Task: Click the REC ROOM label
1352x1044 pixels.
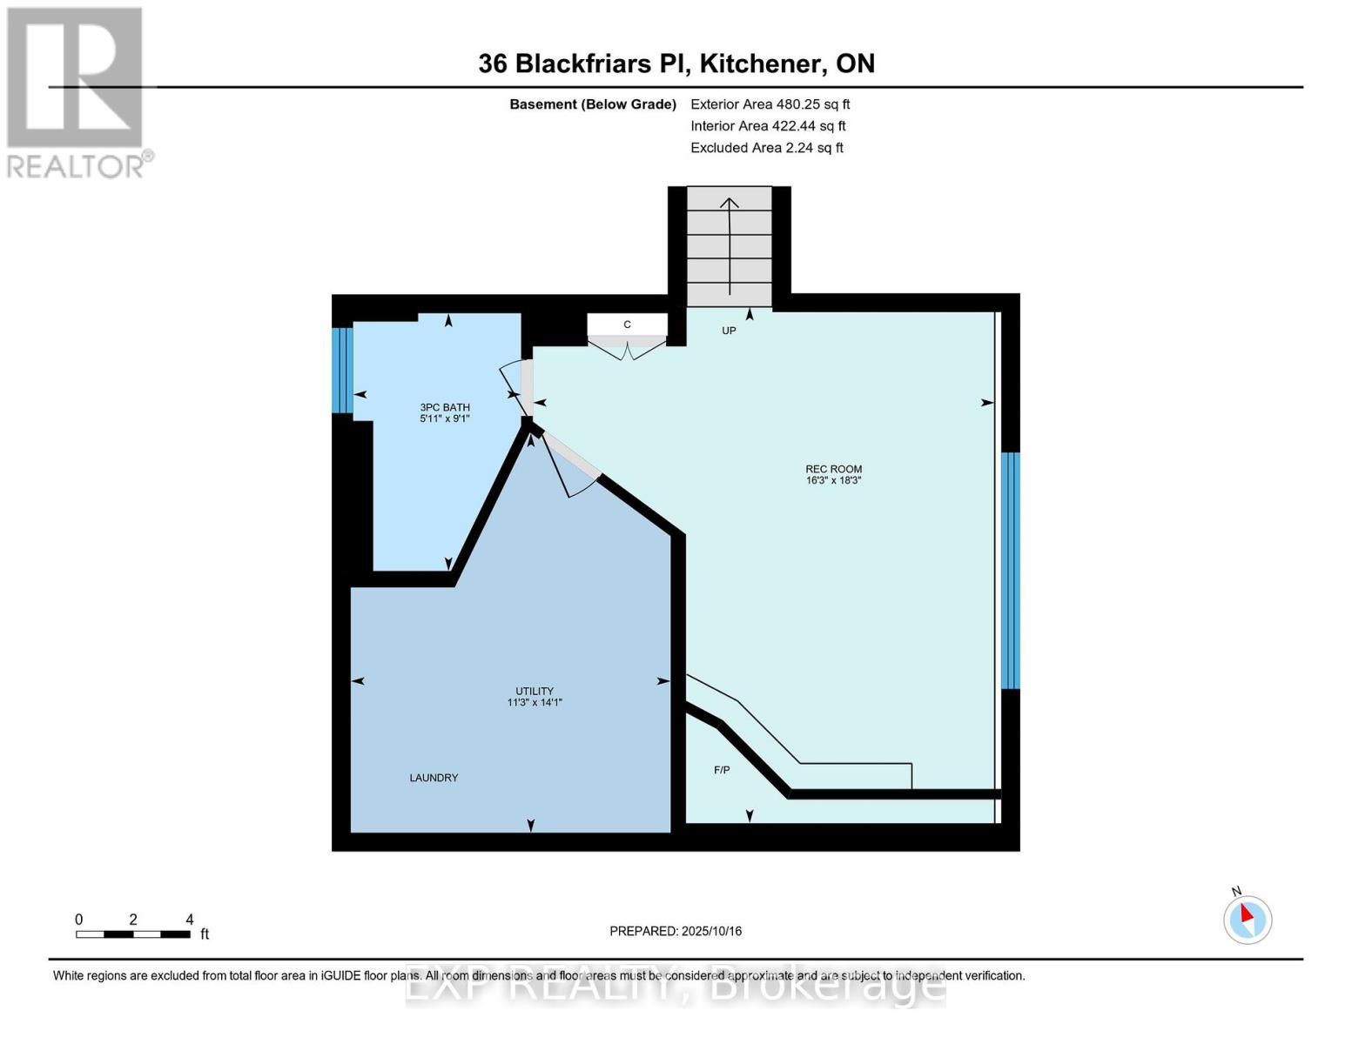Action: (833, 469)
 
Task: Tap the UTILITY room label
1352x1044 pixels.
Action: (535, 691)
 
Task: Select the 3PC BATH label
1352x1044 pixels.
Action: (445, 407)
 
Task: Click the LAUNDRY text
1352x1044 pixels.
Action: (434, 778)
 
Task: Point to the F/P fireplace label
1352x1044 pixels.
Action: (722, 770)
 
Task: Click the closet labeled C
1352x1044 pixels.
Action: (627, 325)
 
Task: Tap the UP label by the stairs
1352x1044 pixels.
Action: (729, 331)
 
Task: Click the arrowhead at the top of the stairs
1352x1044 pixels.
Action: (730, 203)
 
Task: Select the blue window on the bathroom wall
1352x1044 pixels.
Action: (342, 370)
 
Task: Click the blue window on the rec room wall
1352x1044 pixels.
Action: (1010, 570)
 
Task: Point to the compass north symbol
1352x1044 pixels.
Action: (1248, 919)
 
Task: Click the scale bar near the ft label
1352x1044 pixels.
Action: (133, 934)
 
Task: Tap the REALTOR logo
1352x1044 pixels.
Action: (76, 92)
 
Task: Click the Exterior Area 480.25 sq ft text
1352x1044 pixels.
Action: (770, 104)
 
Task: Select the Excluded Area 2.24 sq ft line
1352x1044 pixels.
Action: (766, 148)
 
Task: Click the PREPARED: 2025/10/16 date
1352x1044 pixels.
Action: (676, 931)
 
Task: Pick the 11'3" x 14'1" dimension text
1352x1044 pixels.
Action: (535, 702)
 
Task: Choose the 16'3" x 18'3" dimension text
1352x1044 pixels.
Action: (833, 480)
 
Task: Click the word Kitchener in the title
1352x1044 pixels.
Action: (763, 64)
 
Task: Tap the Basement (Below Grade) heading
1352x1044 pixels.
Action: (592, 104)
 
